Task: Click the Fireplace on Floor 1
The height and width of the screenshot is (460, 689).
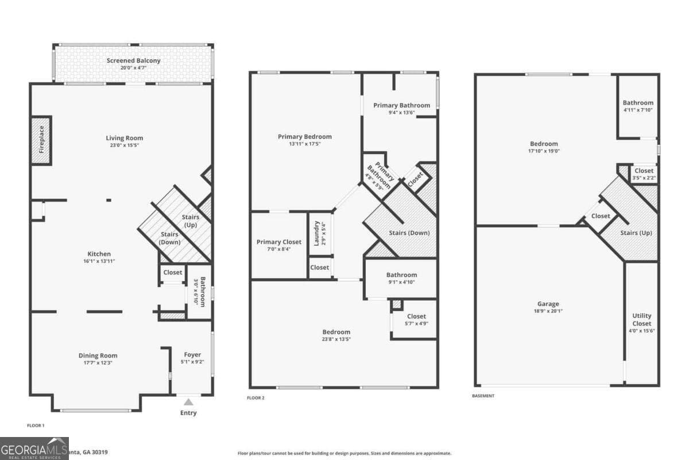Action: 41,140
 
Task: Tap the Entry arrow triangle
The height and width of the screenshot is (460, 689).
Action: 188,402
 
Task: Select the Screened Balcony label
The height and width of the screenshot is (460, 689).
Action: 133,60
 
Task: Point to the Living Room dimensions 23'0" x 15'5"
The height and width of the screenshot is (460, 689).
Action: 124,145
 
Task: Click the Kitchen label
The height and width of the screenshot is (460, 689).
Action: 99,254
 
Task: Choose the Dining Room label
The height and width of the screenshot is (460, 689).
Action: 98,355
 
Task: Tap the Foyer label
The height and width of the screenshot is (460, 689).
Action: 192,354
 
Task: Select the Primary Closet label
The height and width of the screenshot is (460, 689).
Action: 278,242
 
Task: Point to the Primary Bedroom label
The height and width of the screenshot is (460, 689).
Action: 304,136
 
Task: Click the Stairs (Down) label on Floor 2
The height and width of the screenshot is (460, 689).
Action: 409,233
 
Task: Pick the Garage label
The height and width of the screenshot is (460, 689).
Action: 548,304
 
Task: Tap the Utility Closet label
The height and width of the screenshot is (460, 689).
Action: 641,320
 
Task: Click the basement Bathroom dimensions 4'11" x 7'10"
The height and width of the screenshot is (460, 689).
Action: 638,110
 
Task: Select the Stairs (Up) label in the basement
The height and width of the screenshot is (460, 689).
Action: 636,233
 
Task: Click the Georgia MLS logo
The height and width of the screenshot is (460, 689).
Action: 34,448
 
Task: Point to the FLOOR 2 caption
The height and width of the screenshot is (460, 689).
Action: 256,397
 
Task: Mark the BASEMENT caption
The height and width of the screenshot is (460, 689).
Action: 483,396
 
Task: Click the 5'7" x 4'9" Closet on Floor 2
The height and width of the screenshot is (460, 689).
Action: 416,319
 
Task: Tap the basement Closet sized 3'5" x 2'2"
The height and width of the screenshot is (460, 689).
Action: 644,174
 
